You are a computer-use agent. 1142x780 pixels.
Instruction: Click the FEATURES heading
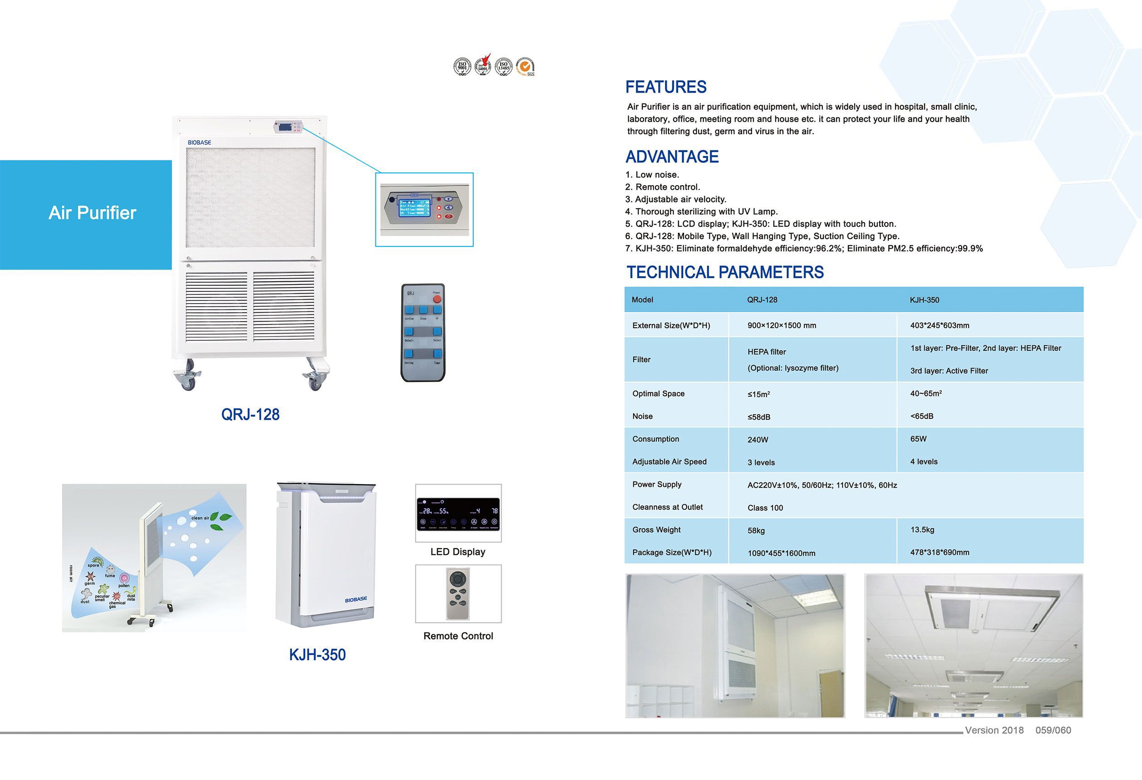(x=665, y=87)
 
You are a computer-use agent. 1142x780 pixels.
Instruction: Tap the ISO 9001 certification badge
(x=462, y=66)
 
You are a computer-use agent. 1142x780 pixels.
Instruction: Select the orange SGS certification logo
(x=525, y=66)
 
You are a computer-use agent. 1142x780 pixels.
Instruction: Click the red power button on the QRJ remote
(x=437, y=298)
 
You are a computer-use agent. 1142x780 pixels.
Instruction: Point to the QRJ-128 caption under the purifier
(x=250, y=415)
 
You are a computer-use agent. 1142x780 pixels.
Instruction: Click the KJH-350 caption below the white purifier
(x=317, y=655)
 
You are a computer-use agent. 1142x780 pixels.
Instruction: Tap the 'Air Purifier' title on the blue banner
(x=93, y=213)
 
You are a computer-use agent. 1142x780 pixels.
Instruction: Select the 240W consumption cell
(x=757, y=440)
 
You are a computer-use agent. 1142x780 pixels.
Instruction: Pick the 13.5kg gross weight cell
(x=922, y=530)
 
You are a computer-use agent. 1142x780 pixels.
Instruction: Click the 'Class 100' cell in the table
(x=765, y=508)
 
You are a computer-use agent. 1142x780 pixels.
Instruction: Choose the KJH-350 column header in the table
(x=924, y=299)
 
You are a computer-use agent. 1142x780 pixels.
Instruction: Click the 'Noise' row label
(x=642, y=416)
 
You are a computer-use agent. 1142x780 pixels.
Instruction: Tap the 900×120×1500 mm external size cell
(x=781, y=325)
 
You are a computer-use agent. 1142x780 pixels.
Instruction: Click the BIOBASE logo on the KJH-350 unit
(x=356, y=599)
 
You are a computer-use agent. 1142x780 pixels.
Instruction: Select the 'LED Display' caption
(x=458, y=552)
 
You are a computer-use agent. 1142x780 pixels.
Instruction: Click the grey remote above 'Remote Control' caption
(x=458, y=594)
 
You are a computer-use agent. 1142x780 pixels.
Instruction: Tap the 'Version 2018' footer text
(x=994, y=730)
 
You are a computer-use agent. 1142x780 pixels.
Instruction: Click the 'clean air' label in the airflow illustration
(x=200, y=518)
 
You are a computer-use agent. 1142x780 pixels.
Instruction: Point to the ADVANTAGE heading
(x=672, y=157)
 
